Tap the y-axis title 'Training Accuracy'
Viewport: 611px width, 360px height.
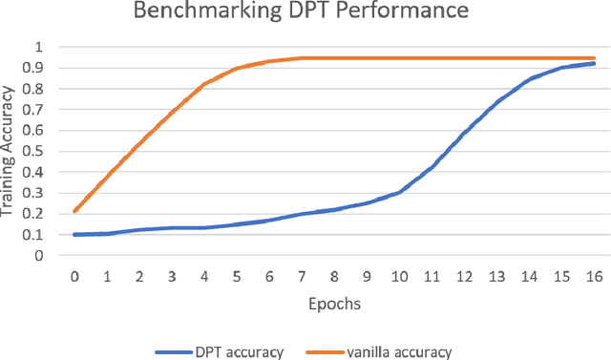(x=10, y=151)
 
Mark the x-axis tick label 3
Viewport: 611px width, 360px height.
(x=172, y=277)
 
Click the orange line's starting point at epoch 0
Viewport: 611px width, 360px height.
(x=74, y=211)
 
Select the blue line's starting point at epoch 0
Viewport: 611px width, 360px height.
(x=74, y=234)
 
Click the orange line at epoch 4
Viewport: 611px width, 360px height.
(x=204, y=84)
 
